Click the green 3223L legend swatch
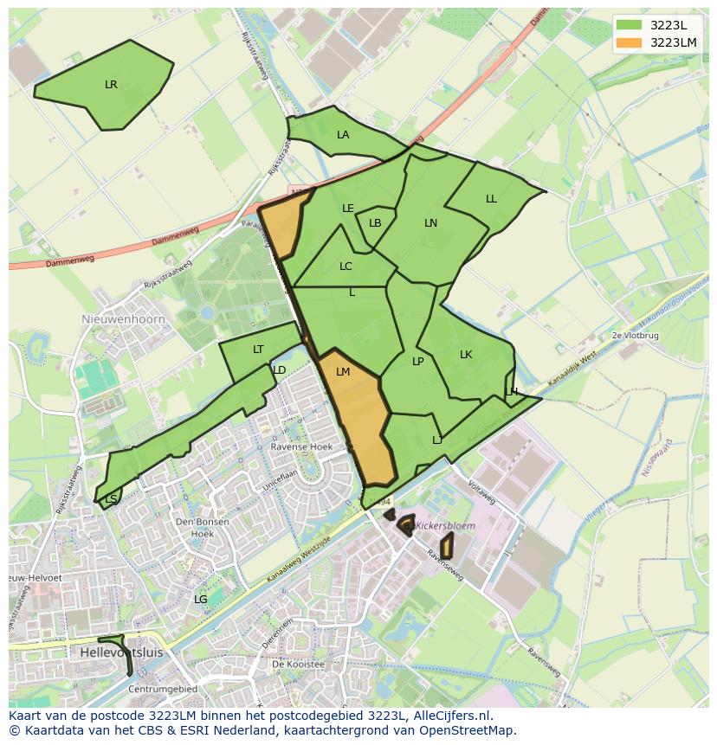pos(629,25)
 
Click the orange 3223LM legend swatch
pos(629,42)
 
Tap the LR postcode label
pos(111,85)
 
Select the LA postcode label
pos(343,135)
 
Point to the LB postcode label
pos(375,223)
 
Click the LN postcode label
pos(430,223)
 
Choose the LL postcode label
pos(491,199)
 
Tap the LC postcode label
pos(346,267)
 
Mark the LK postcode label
pos(466,355)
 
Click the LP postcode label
pos(417,362)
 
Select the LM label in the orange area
pos(343,372)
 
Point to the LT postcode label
pos(258,350)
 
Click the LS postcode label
pos(111,499)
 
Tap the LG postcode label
pos(200,600)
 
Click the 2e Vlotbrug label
pos(636,335)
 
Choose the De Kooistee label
pos(297,665)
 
